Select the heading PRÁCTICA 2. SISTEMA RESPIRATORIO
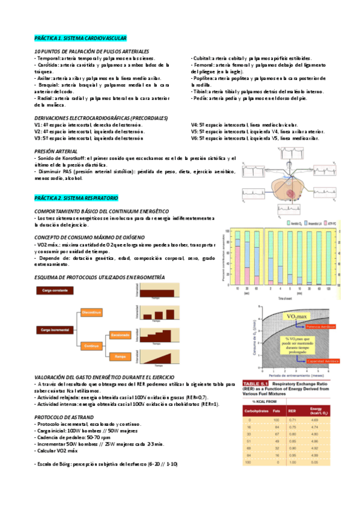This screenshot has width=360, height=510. [76, 198]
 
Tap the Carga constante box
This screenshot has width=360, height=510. [53, 290]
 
